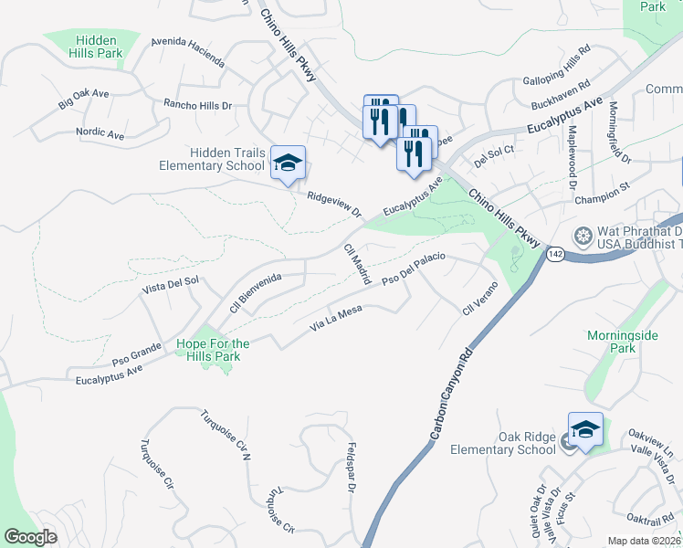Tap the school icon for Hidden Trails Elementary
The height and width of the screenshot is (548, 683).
point(288,163)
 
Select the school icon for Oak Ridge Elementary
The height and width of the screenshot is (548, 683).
point(585,429)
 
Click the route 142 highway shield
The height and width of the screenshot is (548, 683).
point(555,253)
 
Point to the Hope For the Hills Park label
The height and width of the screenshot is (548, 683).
point(213,350)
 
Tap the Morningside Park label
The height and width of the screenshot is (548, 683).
point(622,342)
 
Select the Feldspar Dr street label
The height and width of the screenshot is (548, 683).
point(351,468)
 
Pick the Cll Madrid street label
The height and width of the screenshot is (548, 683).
point(357,264)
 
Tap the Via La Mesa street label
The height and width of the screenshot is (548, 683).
point(337,317)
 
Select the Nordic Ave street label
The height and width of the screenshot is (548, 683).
point(100,133)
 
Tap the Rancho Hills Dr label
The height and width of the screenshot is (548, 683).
point(197,105)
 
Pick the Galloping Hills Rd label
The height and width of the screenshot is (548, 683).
point(556,62)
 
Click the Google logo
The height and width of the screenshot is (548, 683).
point(30,537)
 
